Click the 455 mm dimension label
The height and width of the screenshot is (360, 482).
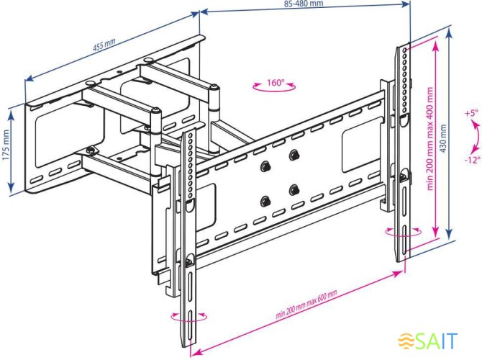[x=104, y=45]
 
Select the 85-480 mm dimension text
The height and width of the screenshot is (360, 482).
[x=304, y=4]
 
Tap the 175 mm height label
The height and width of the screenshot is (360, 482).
[x=6, y=145]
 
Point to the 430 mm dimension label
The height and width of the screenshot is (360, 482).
[x=443, y=139]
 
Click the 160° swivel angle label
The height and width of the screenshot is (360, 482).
[x=276, y=83]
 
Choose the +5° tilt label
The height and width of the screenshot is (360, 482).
[x=471, y=113]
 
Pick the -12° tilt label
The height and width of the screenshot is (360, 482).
[x=472, y=160]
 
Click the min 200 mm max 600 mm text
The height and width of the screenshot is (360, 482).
[x=306, y=304]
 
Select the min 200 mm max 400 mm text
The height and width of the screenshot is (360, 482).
[x=429, y=138]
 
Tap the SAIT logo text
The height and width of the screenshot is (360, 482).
[x=437, y=341]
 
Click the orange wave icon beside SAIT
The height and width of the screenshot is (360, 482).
[x=406, y=341]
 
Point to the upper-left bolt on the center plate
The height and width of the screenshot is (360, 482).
[x=265, y=166]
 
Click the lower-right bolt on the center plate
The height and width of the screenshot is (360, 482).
[x=294, y=190]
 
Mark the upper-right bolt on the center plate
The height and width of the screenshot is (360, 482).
[x=294, y=155]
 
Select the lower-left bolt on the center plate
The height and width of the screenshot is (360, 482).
[x=265, y=202]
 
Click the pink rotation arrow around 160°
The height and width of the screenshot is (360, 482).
[x=274, y=87]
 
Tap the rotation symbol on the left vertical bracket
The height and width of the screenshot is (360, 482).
[x=189, y=317]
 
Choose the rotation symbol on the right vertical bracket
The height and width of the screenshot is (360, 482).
[x=403, y=232]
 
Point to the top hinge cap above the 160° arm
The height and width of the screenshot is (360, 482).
[x=214, y=88]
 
